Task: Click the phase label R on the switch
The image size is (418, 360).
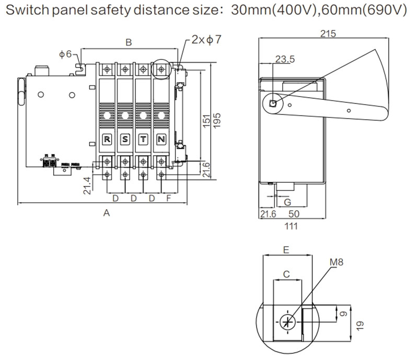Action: coord(107,140)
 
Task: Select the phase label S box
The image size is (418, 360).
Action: coord(125,140)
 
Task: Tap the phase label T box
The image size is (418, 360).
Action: coord(143,140)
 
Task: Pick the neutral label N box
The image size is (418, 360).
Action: coord(161,140)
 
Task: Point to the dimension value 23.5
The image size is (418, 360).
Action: coord(285,60)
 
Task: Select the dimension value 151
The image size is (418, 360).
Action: coord(204,120)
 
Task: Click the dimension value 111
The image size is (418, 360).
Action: coord(291,226)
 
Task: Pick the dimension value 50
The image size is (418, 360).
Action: coord(294,214)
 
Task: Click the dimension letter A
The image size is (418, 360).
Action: coord(107,213)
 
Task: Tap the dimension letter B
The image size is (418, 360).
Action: coord(129,43)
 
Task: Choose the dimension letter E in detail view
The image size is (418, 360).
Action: coord(286,250)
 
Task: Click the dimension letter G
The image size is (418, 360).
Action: coord(287,202)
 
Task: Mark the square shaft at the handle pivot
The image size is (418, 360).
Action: coord(272,103)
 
